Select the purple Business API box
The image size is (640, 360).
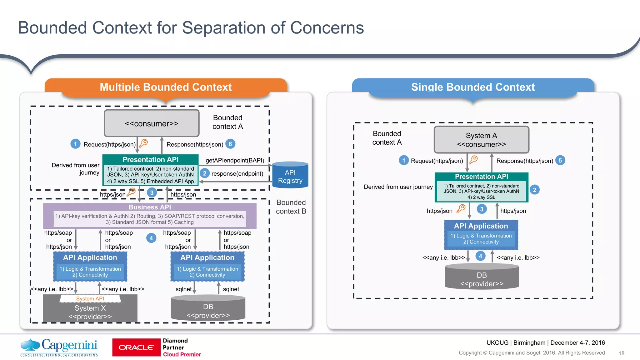tap(150, 216)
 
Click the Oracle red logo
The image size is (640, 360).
tap(136, 347)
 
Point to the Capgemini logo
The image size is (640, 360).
tap(59, 347)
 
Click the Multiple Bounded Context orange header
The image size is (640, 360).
tap(166, 87)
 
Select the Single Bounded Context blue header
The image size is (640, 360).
tap(473, 87)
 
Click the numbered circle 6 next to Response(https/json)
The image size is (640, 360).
tap(230, 144)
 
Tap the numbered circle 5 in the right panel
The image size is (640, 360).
tap(560, 160)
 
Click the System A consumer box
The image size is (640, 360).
tap(481, 140)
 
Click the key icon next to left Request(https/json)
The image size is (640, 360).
tap(143, 143)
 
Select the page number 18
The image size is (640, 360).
tap(621, 353)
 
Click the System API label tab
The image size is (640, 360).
tap(90, 298)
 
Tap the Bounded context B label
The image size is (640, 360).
tap(291, 207)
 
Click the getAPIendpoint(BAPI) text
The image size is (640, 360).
tap(235, 160)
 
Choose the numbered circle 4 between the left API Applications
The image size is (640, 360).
tap(151, 238)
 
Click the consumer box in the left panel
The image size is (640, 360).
tap(152, 123)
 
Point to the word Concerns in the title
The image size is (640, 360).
tap(327, 28)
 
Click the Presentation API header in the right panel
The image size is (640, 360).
tap(481, 177)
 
